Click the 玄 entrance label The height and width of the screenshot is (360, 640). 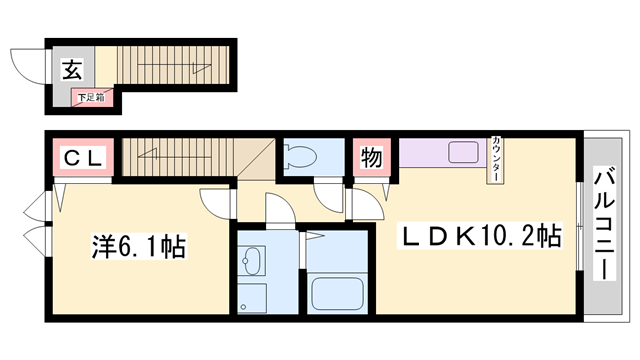(73, 70)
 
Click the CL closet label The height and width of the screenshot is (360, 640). (85, 158)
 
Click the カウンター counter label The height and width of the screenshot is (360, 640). (496, 159)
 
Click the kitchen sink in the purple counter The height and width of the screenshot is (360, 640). (463, 153)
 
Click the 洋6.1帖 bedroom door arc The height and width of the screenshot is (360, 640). (215, 202)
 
